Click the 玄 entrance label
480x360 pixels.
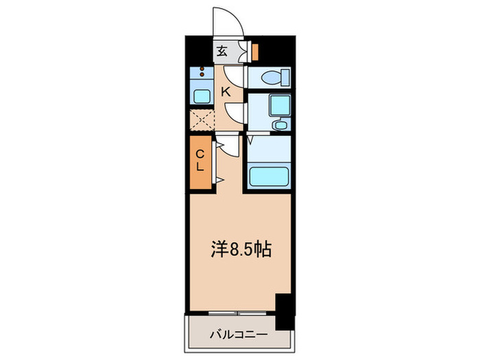(223, 51)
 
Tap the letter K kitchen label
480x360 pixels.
(225, 89)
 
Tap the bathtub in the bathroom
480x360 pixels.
(268, 179)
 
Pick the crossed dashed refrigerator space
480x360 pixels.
(201, 120)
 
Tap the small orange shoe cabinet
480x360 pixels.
(254, 51)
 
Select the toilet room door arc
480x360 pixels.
(235, 73)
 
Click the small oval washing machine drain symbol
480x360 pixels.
(280, 126)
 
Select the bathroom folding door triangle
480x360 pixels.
(251, 140)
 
